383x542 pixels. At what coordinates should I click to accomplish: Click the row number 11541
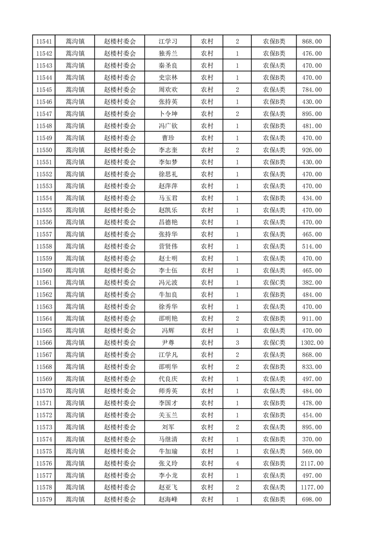tap(44, 42)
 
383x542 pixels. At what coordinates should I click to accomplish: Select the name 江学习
tap(168, 42)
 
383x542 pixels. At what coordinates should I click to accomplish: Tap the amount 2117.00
tap(312, 464)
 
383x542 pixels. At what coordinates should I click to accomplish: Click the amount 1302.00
tap(312, 343)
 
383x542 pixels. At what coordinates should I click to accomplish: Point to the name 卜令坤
tap(168, 114)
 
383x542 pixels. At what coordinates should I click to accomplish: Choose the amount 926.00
tap(312, 150)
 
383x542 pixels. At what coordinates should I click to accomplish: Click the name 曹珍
tap(168, 138)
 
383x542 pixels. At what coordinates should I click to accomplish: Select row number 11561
tap(44, 283)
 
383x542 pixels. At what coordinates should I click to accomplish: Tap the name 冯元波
tap(168, 283)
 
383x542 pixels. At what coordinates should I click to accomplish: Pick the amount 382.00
tap(312, 283)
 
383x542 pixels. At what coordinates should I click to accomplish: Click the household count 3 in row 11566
tap(237, 343)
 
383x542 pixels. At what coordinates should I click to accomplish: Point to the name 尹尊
tap(168, 343)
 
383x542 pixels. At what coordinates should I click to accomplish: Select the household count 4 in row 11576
tap(237, 464)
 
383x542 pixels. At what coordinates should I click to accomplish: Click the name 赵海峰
tap(168, 500)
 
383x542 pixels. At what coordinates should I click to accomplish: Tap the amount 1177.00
tap(312, 488)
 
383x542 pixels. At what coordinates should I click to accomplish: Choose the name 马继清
tap(168, 440)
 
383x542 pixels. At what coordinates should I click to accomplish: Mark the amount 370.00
tap(312, 440)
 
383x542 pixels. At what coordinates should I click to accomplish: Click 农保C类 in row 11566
tap(274, 343)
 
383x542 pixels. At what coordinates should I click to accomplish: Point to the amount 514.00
tap(312, 246)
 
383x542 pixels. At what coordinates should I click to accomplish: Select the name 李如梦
tap(168, 162)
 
